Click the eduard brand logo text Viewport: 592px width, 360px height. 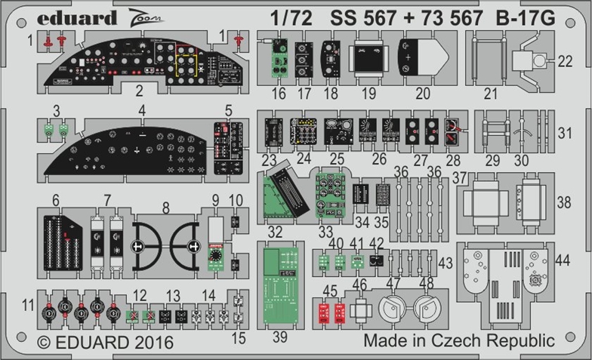[77, 18]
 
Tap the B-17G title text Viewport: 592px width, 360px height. [526, 18]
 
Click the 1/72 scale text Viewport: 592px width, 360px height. [291, 18]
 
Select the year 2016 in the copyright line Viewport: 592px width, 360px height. [154, 343]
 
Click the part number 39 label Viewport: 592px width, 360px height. [280, 337]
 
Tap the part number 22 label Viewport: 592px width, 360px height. [565, 61]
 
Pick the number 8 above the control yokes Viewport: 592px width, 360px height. [165, 208]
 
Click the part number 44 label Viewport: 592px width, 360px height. [563, 260]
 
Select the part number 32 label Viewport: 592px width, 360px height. [275, 232]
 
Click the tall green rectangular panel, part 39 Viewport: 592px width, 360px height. [281, 285]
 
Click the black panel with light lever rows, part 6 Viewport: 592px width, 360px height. [63, 243]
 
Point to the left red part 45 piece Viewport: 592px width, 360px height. [324, 313]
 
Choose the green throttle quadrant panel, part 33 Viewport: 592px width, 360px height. [331, 195]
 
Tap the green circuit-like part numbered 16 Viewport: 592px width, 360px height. [279, 57]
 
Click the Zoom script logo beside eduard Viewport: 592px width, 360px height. [145, 18]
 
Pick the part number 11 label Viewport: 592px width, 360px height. [28, 305]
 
